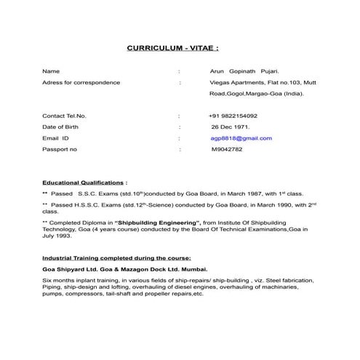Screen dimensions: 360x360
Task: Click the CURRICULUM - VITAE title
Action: click(x=172, y=49)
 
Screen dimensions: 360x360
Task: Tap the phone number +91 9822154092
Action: click(x=233, y=116)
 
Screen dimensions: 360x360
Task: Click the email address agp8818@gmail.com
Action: click(x=241, y=137)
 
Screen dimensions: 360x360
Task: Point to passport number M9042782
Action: click(x=227, y=149)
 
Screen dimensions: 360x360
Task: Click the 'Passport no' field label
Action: click(x=60, y=149)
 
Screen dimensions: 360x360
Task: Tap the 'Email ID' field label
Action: click(x=56, y=137)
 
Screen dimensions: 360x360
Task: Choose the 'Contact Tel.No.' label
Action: click(x=64, y=116)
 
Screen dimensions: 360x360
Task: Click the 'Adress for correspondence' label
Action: click(x=81, y=82)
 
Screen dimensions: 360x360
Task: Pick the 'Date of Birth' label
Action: click(x=61, y=127)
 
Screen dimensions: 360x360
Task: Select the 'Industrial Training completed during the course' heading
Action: click(x=116, y=258)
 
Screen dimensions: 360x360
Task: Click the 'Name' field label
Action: click(x=50, y=71)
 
